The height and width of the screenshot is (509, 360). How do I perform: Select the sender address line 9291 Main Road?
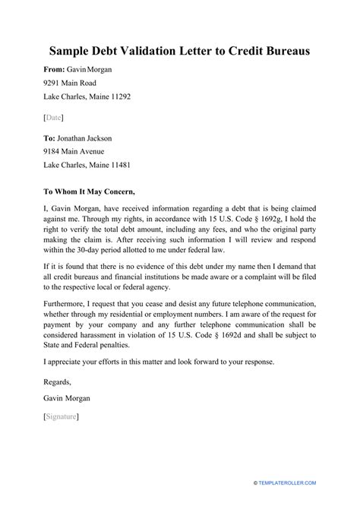(x=74, y=84)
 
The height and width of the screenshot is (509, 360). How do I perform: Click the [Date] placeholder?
(x=54, y=117)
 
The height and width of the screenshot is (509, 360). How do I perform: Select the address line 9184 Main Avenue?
(x=78, y=151)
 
